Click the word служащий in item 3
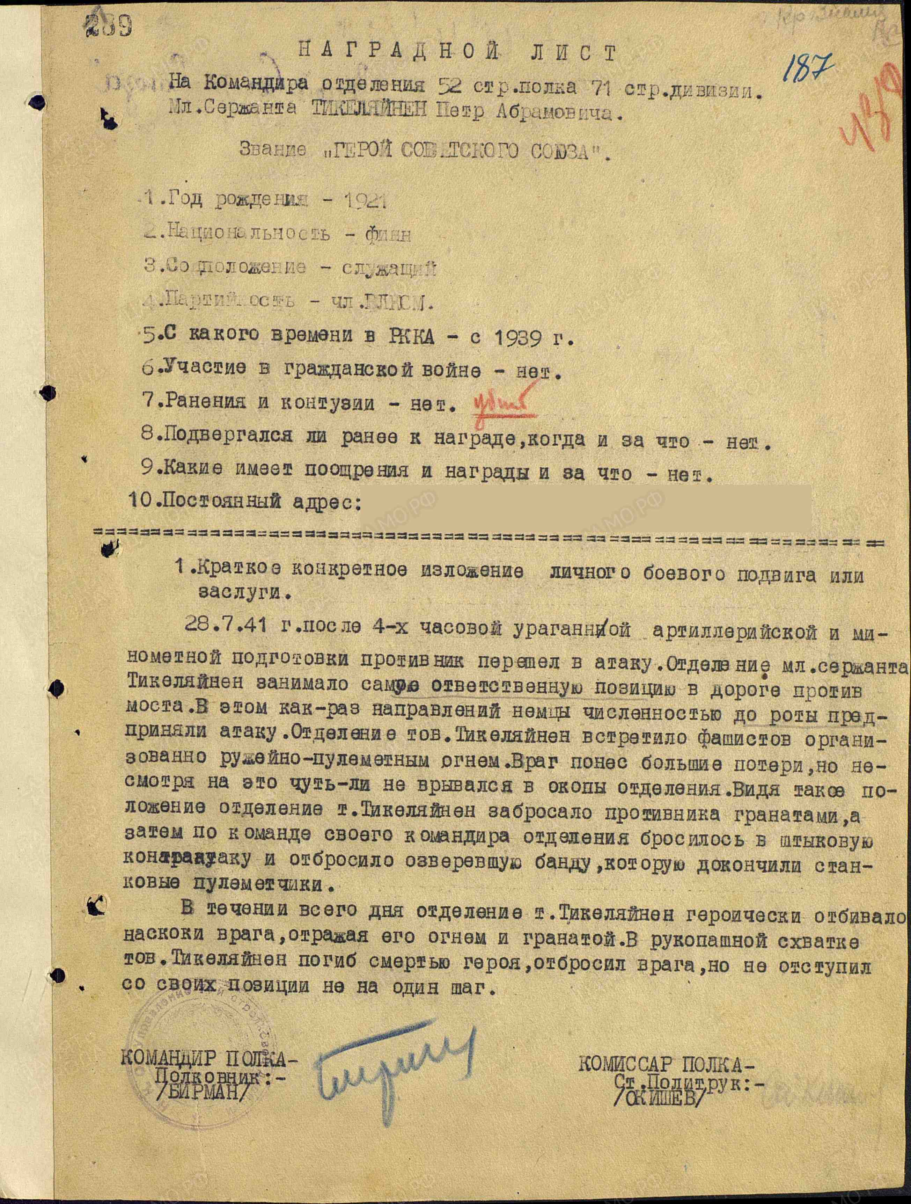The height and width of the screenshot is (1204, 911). pyautogui.click(x=389, y=268)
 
